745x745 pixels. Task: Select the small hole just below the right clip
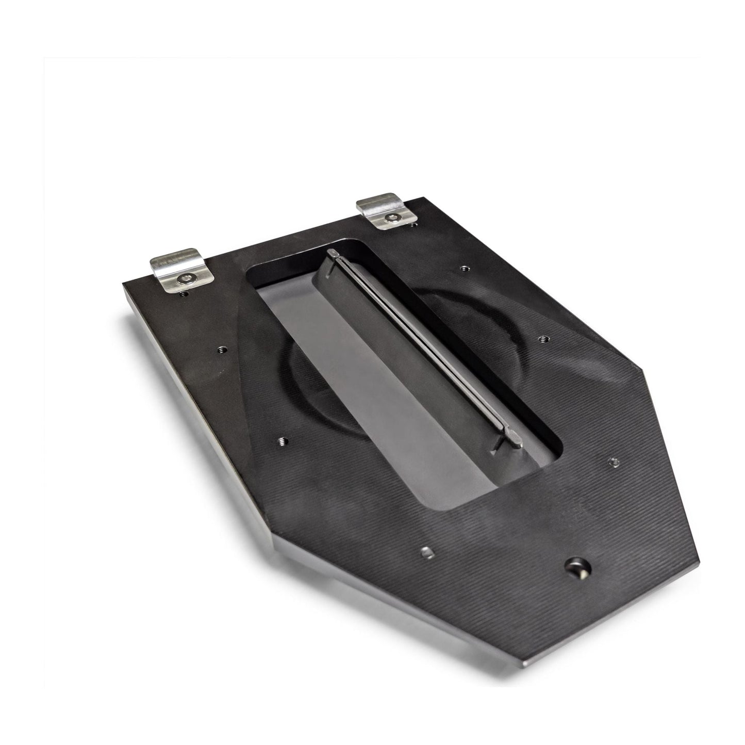(x=412, y=224)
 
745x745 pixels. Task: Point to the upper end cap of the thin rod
(x=334, y=254)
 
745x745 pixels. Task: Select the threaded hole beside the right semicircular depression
(x=542, y=339)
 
